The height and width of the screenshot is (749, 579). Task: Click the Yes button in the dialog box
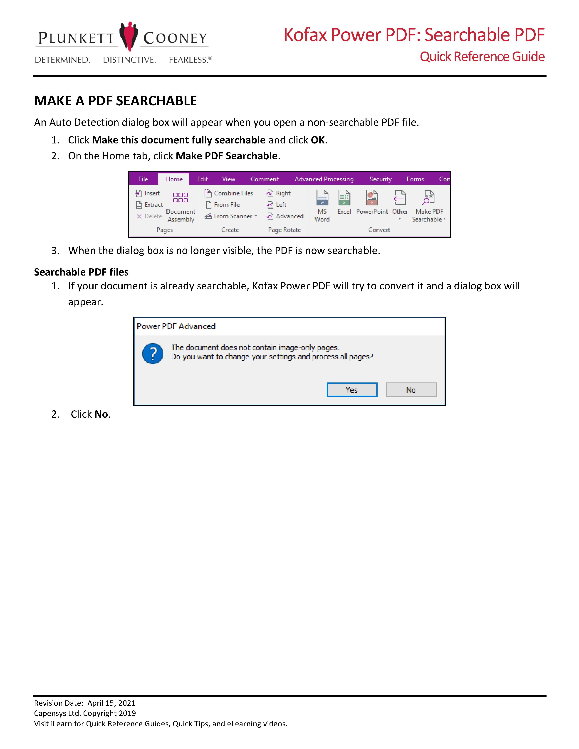(x=352, y=390)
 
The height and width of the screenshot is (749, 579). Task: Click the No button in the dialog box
(x=411, y=390)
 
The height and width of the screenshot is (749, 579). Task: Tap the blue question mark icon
(x=153, y=354)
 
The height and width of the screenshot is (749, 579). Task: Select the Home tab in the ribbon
(x=174, y=179)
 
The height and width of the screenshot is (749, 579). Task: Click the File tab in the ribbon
(x=143, y=179)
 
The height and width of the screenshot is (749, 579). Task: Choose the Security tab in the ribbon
(x=380, y=179)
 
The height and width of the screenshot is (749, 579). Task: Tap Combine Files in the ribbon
(x=229, y=193)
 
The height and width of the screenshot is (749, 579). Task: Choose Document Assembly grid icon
(x=181, y=197)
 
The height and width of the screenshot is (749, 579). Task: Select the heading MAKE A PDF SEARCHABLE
(x=116, y=101)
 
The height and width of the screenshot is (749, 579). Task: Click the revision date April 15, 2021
(x=111, y=703)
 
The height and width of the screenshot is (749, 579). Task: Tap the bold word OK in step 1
(x=318, y=140)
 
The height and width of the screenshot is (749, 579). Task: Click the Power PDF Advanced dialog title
(x=176, y=326)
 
